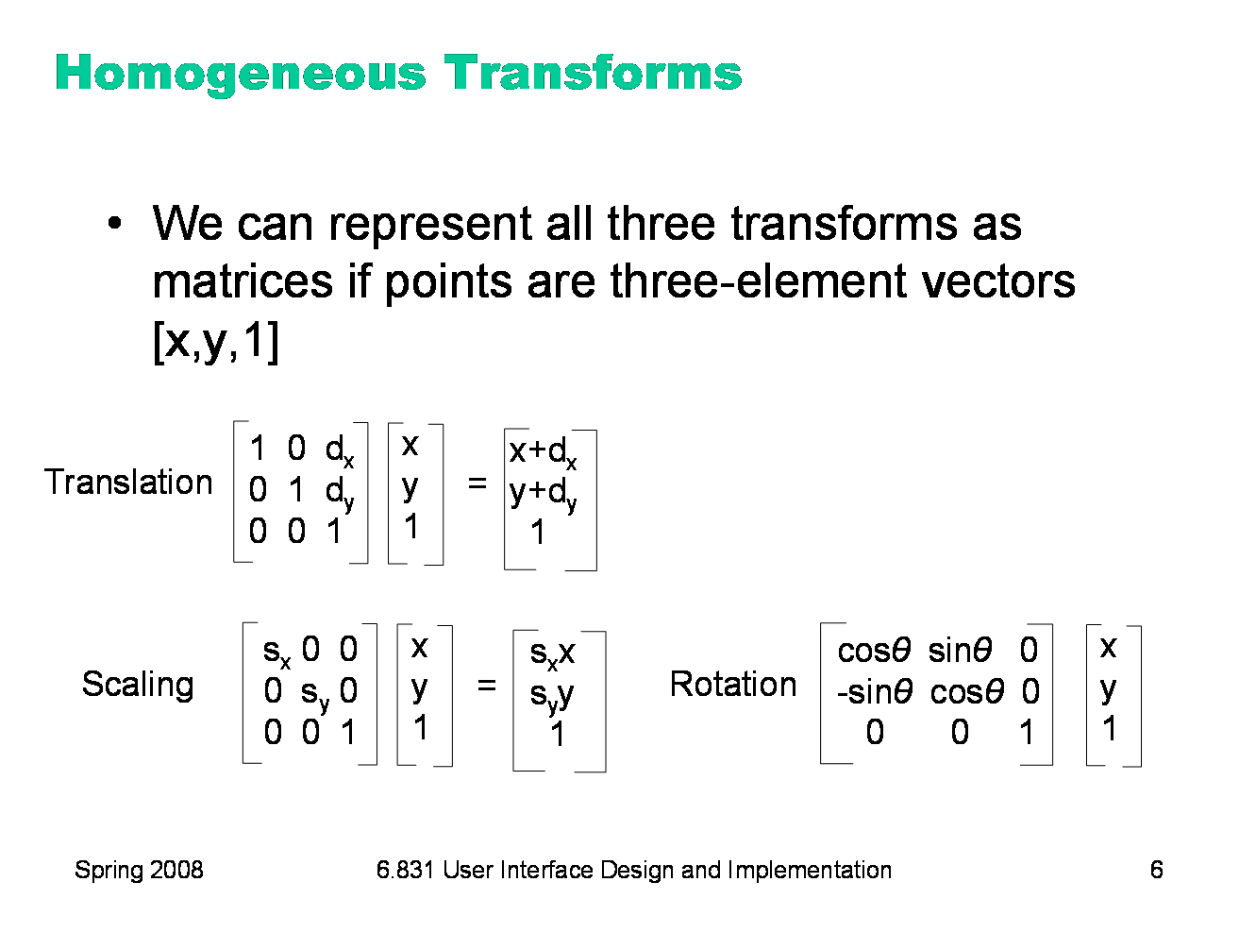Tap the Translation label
click(x=129, y=483)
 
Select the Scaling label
click(x=138, y=684)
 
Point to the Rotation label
click(x=732, y=684)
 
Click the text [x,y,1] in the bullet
click(x=215, y=341)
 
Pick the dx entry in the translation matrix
click(x=339, y=450)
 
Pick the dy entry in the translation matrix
click(x=339, y=492)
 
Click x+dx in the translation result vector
click(x=543, y=452)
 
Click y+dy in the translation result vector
click(x=543, y=493)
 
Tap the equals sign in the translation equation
click(x=477, y=483)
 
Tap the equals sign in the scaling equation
click(x=486, y=685)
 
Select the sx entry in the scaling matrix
click(x=276, y=651)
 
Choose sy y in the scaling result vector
click(x=551, y=695)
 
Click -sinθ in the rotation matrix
click(x=874, y=692)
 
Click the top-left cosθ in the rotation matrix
click(x=873, y=651)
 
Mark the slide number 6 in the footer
click(x=1156, y=870)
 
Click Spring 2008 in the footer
click(x=139, y=870)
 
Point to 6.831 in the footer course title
click(x=405, y=870)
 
